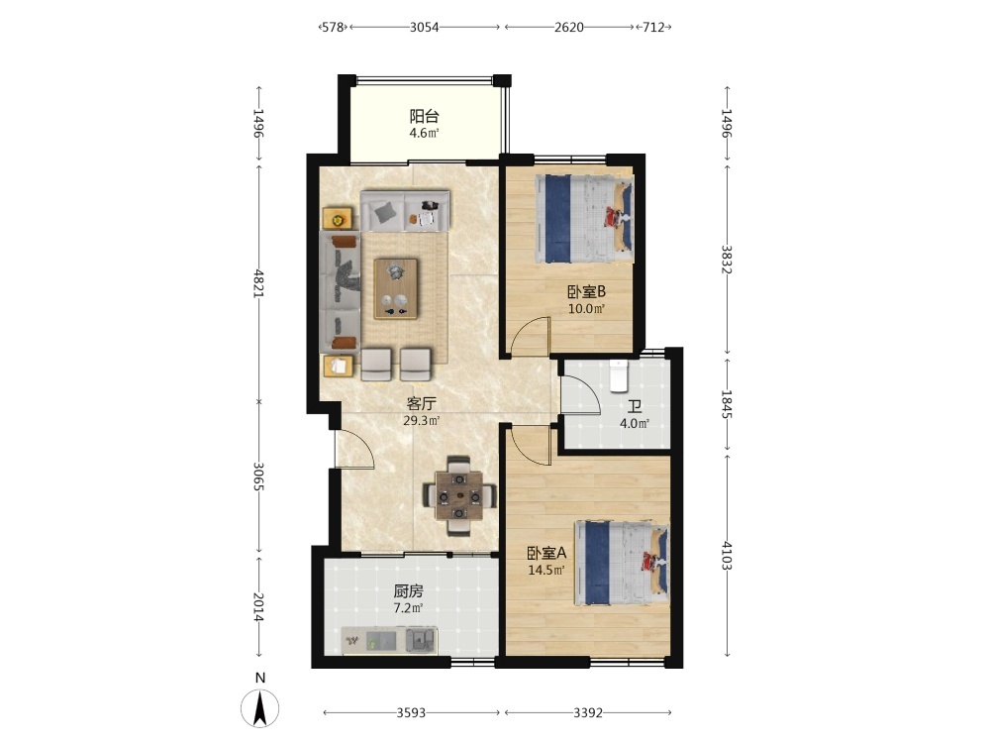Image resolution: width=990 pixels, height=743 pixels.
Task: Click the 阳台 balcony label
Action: click(x=424, y=116)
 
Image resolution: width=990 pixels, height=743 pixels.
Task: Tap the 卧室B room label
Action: click(x=586, y=292)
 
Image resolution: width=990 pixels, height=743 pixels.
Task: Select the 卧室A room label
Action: click(x=546, y=554)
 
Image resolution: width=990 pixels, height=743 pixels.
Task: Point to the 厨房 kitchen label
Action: click(x=408, y=591)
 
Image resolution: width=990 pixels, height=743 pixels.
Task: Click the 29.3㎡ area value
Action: click(x=421, y=420)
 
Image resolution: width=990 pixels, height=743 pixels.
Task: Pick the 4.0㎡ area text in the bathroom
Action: click(x=635, y=423)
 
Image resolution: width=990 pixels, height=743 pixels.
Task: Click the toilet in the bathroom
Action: click(x=618, y=375)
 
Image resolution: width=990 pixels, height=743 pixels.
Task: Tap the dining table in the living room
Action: click(x=459, y=495)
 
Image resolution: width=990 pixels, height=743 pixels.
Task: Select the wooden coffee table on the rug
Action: click(x=396, y=288)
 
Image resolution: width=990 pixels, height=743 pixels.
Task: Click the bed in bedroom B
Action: click(x=584, y=219)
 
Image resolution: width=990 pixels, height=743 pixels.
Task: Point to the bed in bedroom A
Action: click(x=622, y=563)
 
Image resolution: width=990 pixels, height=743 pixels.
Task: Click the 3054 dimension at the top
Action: click(x=425, y=27)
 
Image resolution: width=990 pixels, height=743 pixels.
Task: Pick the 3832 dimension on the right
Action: click(x=727, y=259)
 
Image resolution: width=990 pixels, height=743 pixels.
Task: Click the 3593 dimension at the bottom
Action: click(x=411, y=712)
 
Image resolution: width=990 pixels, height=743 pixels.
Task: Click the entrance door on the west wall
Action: click(x=354, y=449)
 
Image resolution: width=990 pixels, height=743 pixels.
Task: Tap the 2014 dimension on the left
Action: click(x=258, y=606)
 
